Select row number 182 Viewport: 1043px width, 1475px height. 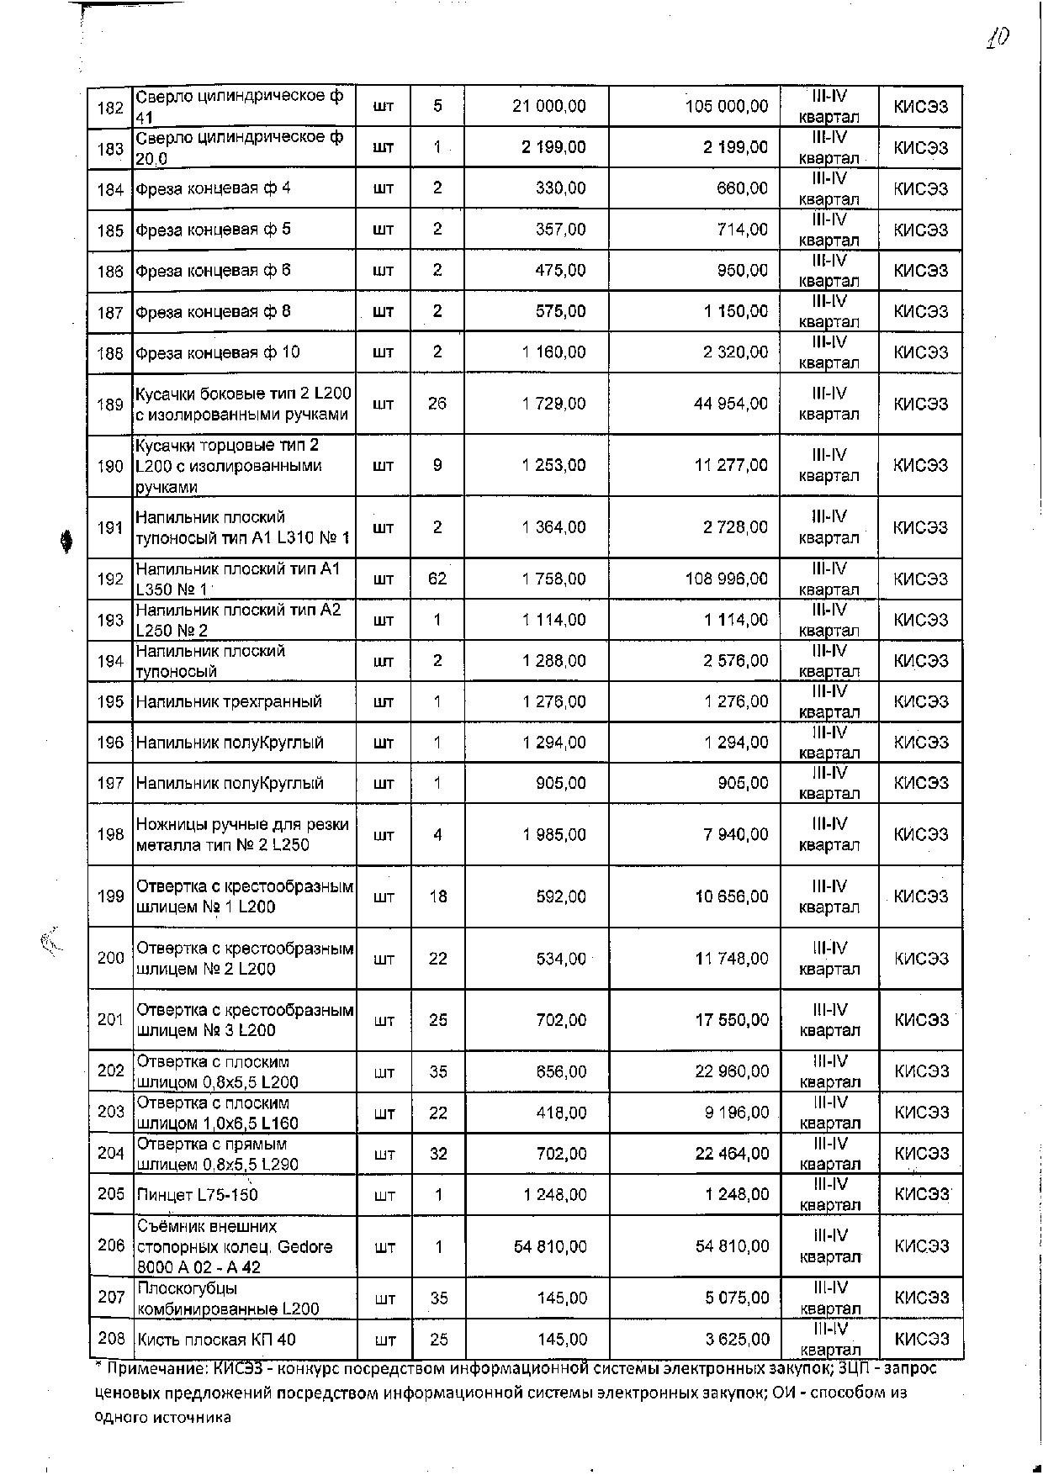110,108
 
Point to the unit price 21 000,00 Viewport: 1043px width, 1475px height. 549,106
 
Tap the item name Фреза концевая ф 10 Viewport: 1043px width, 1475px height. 218,352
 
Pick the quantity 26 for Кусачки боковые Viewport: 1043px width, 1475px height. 437,404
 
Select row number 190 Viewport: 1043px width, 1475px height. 110,466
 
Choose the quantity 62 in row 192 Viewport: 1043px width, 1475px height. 437,579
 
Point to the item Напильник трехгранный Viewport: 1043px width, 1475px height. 229,702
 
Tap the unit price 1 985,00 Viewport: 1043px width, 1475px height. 553,835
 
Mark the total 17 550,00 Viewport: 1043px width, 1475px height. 731,1020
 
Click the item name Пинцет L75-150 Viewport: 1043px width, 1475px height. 197,1195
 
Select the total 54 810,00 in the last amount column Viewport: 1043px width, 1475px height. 732,1246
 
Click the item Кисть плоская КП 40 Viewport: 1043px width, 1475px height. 216,1340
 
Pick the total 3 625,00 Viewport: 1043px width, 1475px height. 735,1339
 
